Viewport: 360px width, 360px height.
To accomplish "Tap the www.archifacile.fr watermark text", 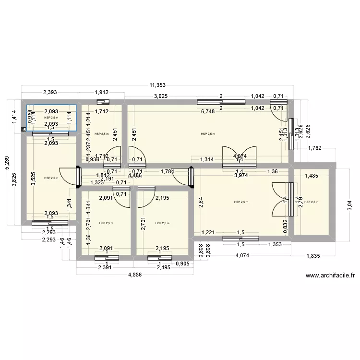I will click(329, 276).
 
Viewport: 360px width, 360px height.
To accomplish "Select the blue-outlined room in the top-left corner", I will click(51, 117).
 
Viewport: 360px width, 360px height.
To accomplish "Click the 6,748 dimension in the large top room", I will click(208, 112).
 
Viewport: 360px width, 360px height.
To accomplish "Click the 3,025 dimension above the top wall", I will click(160, 97).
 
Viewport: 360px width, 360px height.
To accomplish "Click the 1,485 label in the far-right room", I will click(312, 176).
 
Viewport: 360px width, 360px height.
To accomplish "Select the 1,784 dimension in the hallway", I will click(168, 171).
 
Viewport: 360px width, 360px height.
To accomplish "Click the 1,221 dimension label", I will click(208, 233).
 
